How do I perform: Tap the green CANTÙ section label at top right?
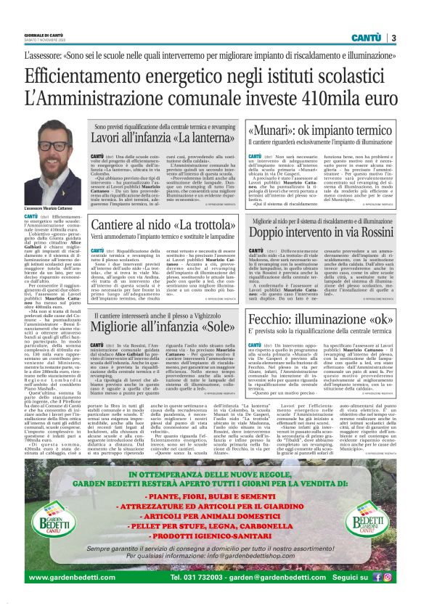point(367,38)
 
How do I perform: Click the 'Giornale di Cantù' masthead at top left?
point(43,35)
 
